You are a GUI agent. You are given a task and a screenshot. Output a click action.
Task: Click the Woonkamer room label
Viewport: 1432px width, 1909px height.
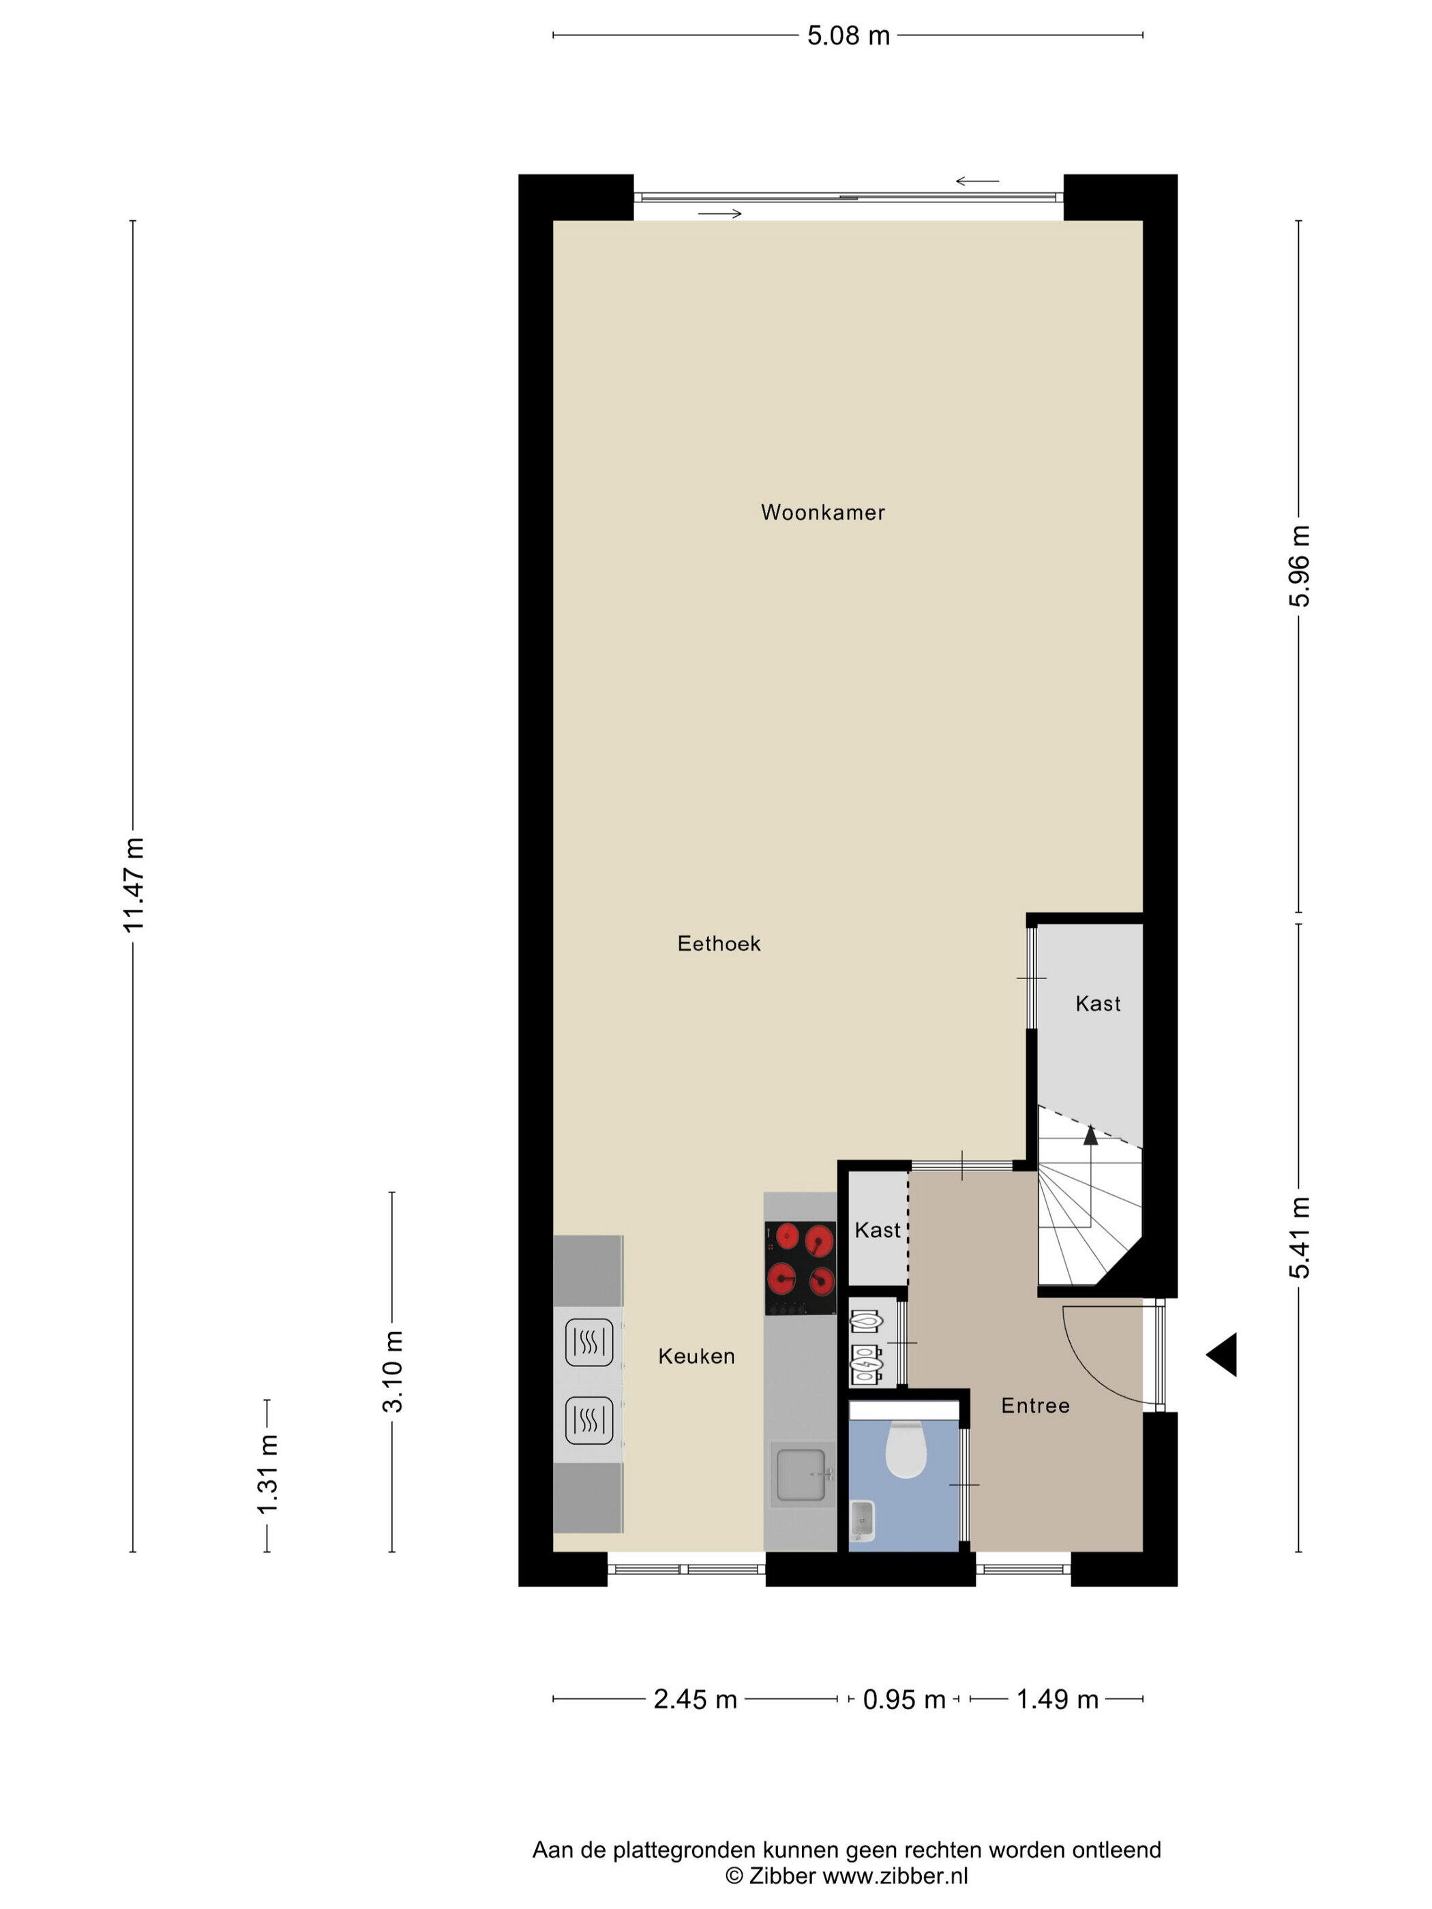822,513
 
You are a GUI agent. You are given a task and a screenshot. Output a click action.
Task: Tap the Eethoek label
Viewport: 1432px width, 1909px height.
719,944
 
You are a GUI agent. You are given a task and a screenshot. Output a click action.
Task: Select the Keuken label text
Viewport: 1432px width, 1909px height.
697,1357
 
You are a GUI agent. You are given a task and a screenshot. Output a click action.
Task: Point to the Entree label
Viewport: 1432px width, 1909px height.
1035,1406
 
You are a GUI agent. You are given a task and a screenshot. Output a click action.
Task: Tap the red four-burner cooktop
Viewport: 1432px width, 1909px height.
800,1267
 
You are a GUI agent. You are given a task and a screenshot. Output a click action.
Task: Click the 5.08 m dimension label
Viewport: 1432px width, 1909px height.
848,36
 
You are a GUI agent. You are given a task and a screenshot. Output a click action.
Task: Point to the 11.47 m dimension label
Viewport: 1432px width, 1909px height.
134,884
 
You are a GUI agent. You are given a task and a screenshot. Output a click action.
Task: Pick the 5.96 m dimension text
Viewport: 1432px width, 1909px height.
1300,566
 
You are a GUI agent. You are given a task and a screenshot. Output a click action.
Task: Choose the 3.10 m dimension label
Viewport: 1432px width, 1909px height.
393,1371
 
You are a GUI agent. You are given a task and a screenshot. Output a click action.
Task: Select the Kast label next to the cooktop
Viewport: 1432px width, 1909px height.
878,1231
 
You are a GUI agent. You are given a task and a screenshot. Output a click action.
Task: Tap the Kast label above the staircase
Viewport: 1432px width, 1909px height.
1098,1004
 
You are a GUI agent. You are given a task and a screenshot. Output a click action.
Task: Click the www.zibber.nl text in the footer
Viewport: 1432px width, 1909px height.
895,1874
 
